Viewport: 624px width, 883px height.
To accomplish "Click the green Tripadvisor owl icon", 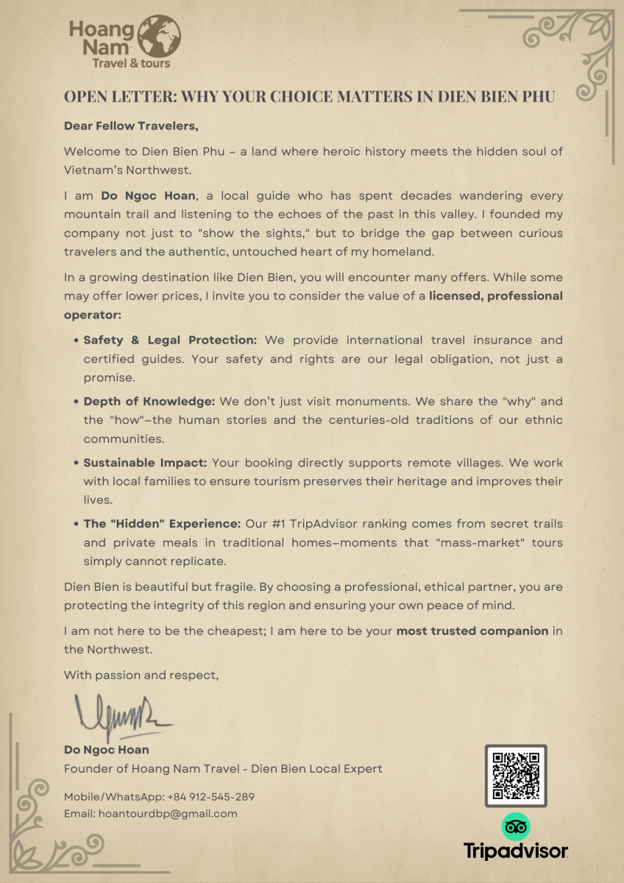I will tap(515, 827).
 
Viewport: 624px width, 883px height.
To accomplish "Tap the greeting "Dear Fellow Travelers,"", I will tap(132, 126).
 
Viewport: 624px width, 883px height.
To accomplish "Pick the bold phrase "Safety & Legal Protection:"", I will tap(170, 340).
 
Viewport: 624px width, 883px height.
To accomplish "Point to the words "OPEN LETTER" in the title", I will tap(118, 97).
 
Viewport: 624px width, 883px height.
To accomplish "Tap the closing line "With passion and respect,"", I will tap(141, 674).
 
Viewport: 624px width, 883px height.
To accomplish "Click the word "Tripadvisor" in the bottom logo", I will tap(516, 851).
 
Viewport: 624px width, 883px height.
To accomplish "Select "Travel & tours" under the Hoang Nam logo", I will tap(131, 63).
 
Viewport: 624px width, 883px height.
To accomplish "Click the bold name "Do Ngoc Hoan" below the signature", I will tap(107, 750).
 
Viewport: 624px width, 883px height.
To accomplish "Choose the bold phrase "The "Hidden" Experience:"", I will tap(162, 524).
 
